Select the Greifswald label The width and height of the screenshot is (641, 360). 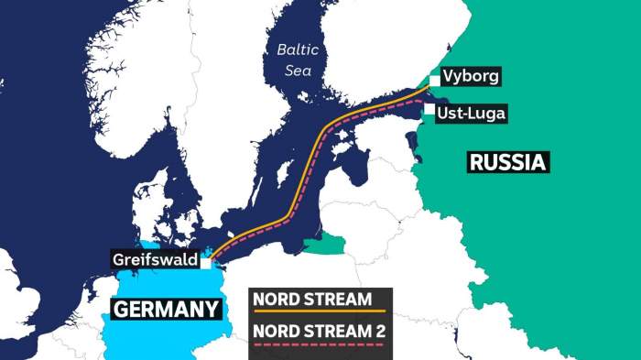pyautogui.click(x=156, y=260)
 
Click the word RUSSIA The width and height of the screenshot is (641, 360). pyautogui.click(x=508, y=163)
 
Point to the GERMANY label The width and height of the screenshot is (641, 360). pyautogui.click(x=167, y=310)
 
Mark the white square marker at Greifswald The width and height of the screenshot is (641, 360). pyautogui.click(x=207, y=261)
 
